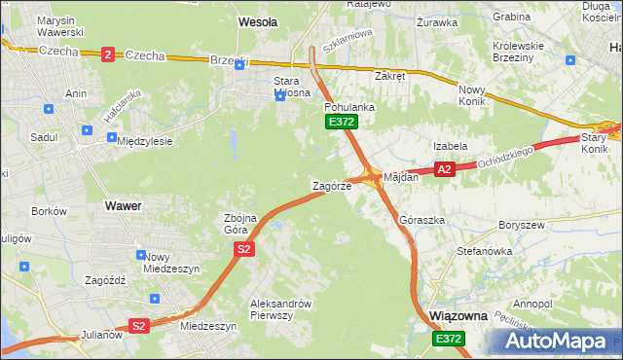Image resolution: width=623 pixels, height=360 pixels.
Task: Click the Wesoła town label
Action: coord(258,20)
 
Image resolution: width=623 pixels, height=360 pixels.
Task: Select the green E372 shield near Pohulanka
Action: coord(342,122)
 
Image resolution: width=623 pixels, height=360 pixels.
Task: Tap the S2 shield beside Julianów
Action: coord(139,326)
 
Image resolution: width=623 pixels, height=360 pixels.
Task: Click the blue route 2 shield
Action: coord(106,54)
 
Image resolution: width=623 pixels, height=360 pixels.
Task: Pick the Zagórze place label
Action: coord(331,185)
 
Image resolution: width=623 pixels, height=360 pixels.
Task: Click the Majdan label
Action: coord(401,178)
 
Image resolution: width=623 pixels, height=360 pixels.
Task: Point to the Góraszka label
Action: coord(422,220)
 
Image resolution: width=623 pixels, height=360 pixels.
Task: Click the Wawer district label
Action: coord(123,206)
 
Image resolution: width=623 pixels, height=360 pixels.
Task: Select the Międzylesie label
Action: coord(144,141)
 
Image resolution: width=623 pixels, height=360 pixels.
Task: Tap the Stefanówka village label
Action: coord(484,251)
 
